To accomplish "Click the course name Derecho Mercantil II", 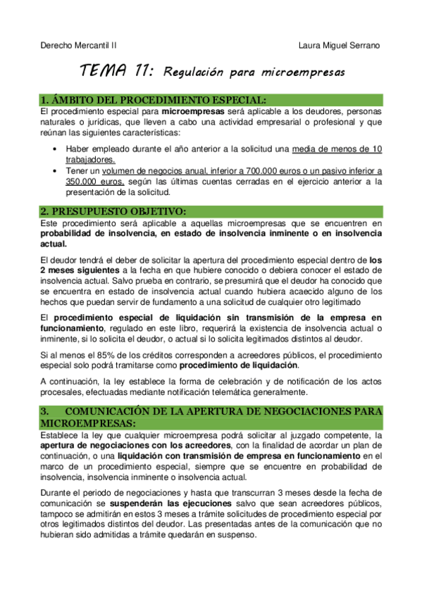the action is coord(78,45).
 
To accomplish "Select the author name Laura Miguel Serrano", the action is coord(339,45).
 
